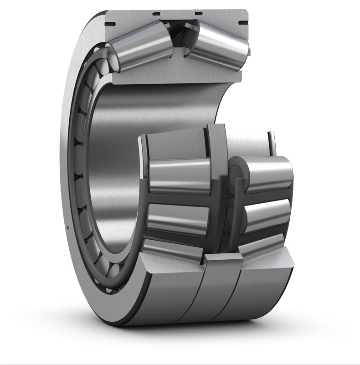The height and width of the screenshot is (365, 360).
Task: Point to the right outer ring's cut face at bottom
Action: coord(269,262)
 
